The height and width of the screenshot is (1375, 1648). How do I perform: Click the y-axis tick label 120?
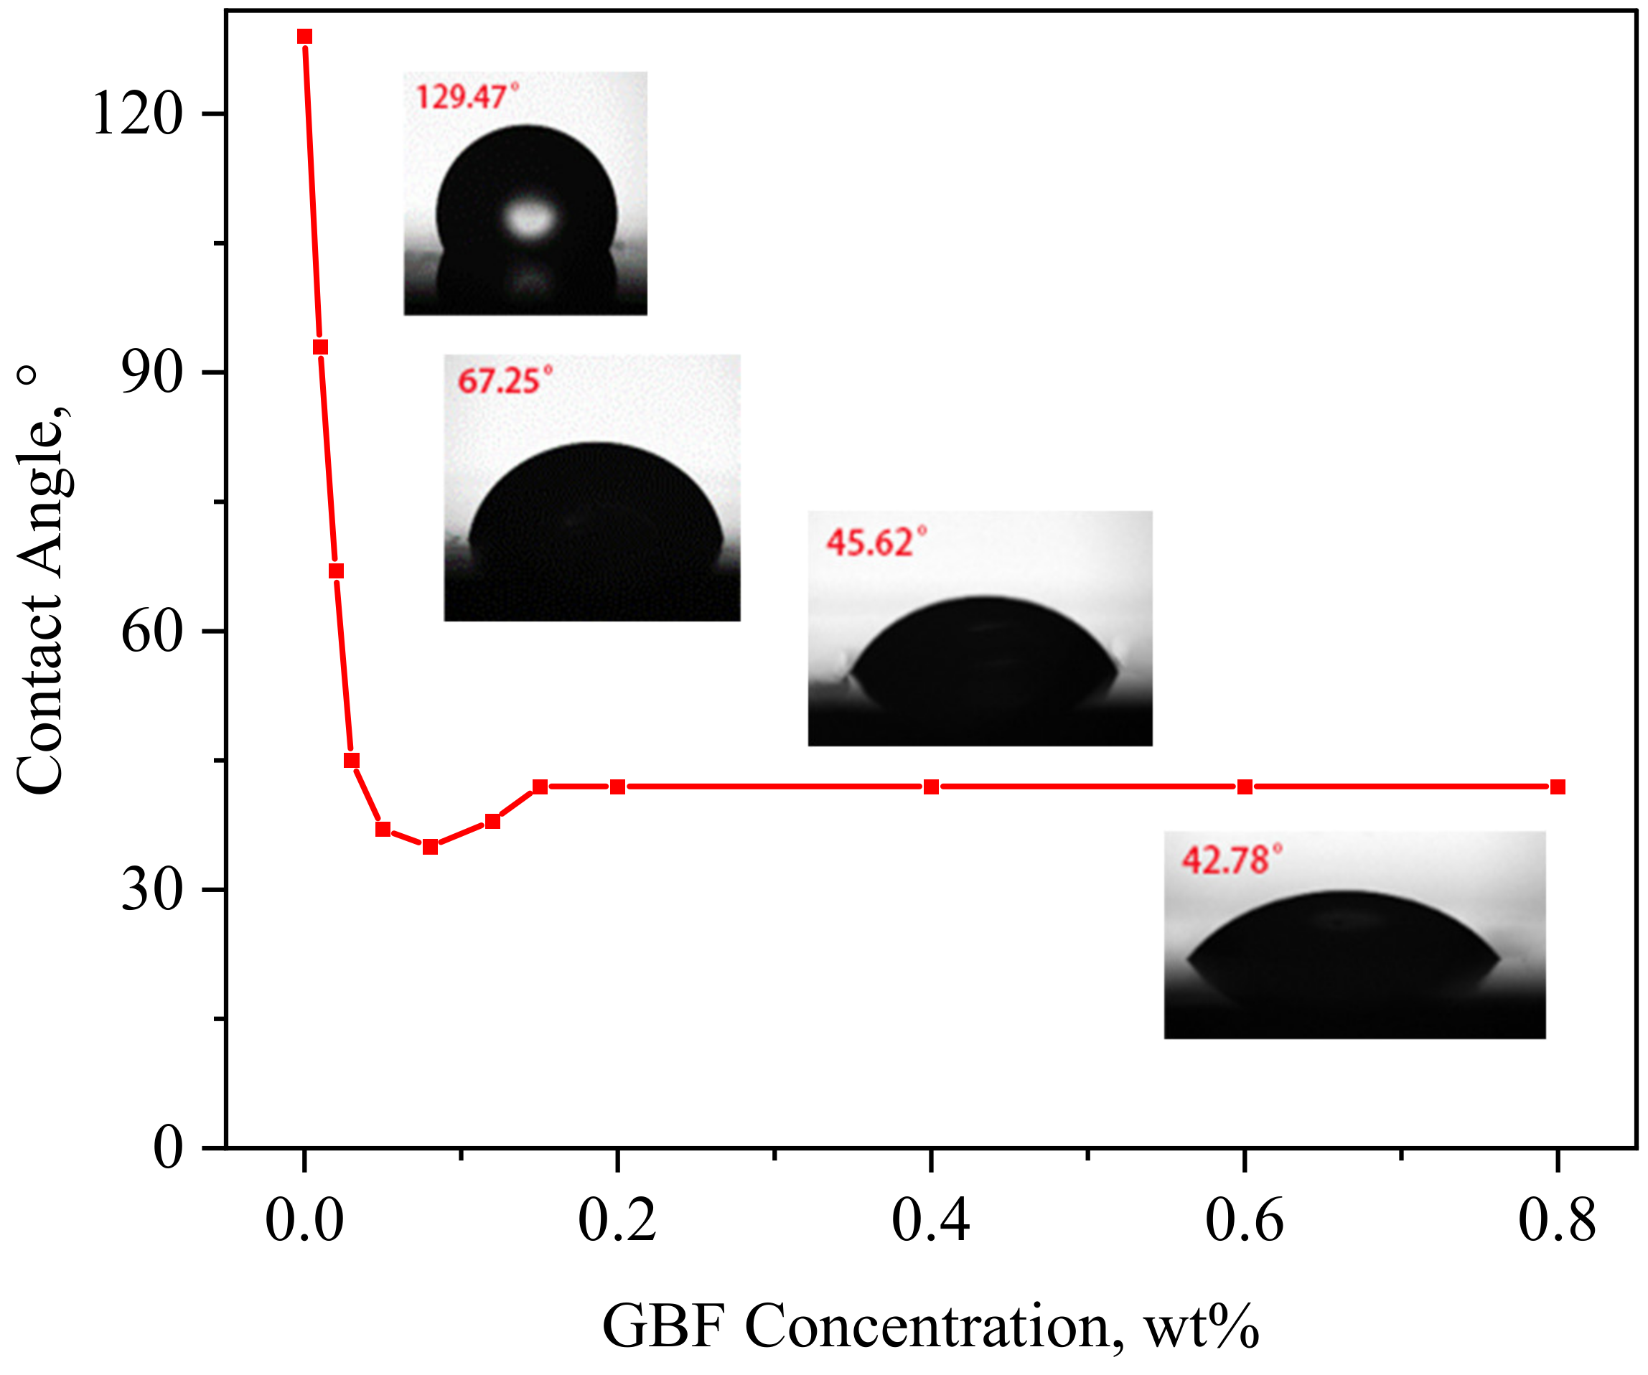point(137,114)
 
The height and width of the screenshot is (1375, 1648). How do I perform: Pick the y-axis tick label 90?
point(151,372)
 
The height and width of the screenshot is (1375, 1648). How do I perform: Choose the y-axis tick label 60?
point(151,631)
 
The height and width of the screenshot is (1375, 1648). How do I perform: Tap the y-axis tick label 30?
point(151,890)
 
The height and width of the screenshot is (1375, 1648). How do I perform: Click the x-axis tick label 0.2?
point(617,1221)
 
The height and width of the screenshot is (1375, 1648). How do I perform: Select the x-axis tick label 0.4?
point(931,1221)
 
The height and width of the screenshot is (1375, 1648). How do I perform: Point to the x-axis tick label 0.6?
point(1244,1221)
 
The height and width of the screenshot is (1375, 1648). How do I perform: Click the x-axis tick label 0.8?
point(1557,1221)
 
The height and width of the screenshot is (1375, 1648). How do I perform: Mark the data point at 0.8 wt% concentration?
point(1558,787)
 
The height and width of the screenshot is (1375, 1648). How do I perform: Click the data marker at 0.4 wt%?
point(931,787)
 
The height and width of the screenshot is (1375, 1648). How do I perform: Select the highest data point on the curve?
point(304,36)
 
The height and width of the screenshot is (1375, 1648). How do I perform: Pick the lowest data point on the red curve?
point(430,846)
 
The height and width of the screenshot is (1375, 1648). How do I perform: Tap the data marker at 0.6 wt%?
point(1245,787)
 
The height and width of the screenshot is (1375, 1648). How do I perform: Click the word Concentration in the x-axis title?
point(926,1326)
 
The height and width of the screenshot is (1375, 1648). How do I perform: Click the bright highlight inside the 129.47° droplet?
point(529,217)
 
